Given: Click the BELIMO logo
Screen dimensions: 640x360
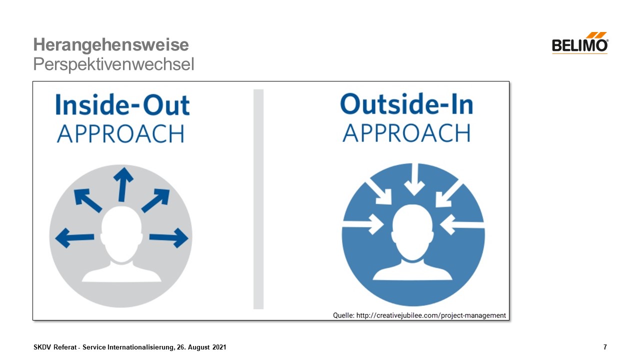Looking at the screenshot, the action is [580, 43].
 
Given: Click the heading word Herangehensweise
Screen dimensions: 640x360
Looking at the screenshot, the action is [111, 45].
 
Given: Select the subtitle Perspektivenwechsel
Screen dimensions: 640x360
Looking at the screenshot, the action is [113, 64].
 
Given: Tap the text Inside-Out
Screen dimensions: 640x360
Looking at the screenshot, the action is [122, 105].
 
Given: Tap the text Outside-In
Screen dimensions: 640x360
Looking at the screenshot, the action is [407, 104].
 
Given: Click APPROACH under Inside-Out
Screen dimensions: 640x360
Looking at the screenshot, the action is [120, 133].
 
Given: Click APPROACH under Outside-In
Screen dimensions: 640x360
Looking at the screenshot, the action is [406, 133].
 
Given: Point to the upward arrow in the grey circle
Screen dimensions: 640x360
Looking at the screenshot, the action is [123, 184].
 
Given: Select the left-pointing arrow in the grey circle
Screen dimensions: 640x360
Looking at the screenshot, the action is [74, 237].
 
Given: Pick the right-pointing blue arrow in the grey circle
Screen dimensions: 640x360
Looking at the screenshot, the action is [169, 237].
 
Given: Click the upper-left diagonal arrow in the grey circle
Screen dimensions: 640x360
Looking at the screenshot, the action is [87, 200].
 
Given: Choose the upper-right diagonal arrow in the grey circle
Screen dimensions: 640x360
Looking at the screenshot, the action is [155, 200].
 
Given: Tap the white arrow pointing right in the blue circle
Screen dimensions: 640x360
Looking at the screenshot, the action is [363, 224].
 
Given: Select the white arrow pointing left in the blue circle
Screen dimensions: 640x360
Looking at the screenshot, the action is [462, 224].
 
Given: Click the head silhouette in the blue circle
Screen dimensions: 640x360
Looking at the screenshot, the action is [412, 242].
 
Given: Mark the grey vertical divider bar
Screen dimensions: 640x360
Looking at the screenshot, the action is [258, 199].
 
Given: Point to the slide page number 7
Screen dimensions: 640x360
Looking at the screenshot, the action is [605, 347].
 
